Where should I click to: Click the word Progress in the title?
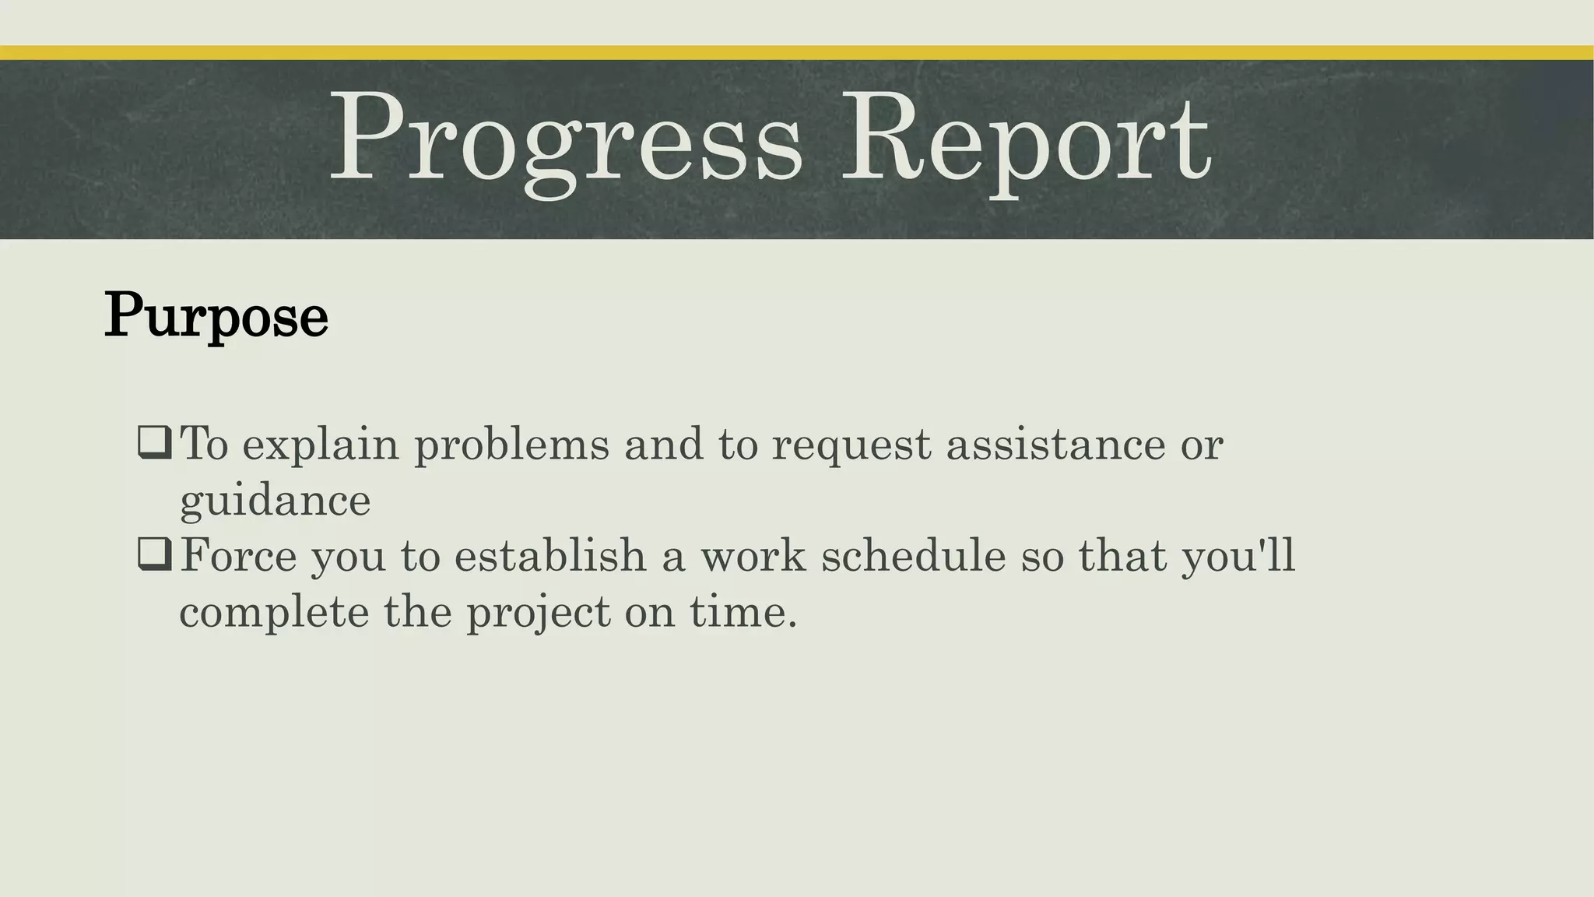coord(566,139)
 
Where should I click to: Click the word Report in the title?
coord(1026,139)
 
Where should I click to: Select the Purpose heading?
coord(216,315)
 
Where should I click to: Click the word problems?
coord(511,445)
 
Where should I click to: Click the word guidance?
coord(275,501)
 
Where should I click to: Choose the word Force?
coord(238,556)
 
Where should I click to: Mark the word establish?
coord(550,556)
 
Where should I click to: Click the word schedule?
coord(914,556)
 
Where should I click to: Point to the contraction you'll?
coord(1238,558)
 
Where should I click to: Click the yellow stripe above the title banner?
coord(797,53)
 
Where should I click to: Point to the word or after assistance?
coord(1202,445)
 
